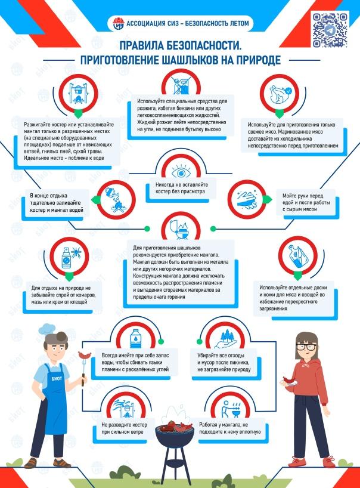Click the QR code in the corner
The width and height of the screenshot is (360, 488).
pos(330,30)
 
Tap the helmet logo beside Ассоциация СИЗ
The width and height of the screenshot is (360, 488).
pos(118,24)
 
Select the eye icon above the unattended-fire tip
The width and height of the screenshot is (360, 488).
pos(181,172)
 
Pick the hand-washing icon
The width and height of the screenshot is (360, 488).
pos(247,199)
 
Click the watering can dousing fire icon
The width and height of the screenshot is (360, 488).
pos(116,199)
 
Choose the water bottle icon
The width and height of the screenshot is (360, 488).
pos(135,338)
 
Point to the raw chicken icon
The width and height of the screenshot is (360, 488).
pos(280,94)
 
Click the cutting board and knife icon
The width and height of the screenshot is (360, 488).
pos(297,256)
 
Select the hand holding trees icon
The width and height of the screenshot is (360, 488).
pos(225,340)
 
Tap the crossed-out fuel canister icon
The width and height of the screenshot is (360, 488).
pos(181,84)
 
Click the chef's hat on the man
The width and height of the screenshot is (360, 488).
pos(48,329)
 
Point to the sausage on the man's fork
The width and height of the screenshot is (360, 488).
pos(84,355)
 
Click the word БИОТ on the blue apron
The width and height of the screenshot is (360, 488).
pos(57,378)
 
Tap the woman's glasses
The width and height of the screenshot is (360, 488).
pos(306,347)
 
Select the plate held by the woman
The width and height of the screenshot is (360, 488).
pos(290,384)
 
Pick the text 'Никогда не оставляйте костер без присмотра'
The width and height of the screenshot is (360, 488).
pos(182,188)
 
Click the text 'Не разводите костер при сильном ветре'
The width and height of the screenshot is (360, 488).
pos(124,428)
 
